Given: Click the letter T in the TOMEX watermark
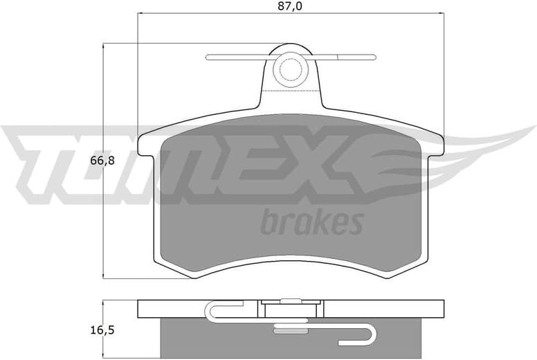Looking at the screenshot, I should (x=42, y=163).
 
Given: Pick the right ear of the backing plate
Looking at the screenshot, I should (x=435, y=145).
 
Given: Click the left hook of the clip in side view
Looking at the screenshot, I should (x=211, y=312).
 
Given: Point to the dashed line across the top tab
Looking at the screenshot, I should (x=291, y=91).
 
